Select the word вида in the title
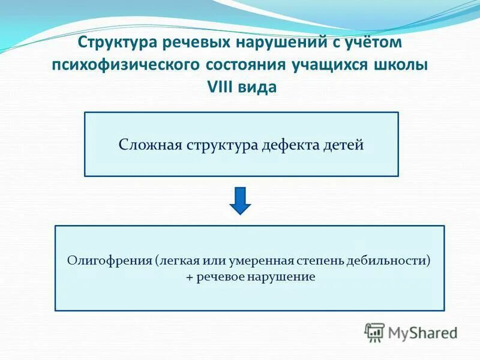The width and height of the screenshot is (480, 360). coord(259,86)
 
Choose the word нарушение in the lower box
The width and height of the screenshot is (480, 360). coord(286,277)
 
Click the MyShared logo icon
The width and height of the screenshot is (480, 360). coord(375,332)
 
